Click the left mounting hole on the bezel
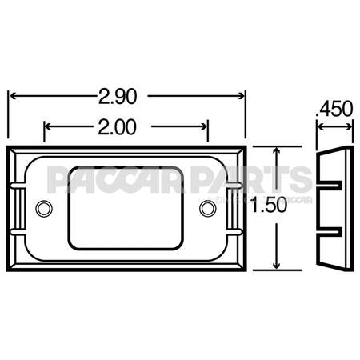(43, 208)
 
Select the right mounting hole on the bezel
(207, 208)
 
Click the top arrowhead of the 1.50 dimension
(276, 150)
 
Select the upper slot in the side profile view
(332, 186)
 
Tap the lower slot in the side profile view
(332, 232)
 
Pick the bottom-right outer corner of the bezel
(245, 270)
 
